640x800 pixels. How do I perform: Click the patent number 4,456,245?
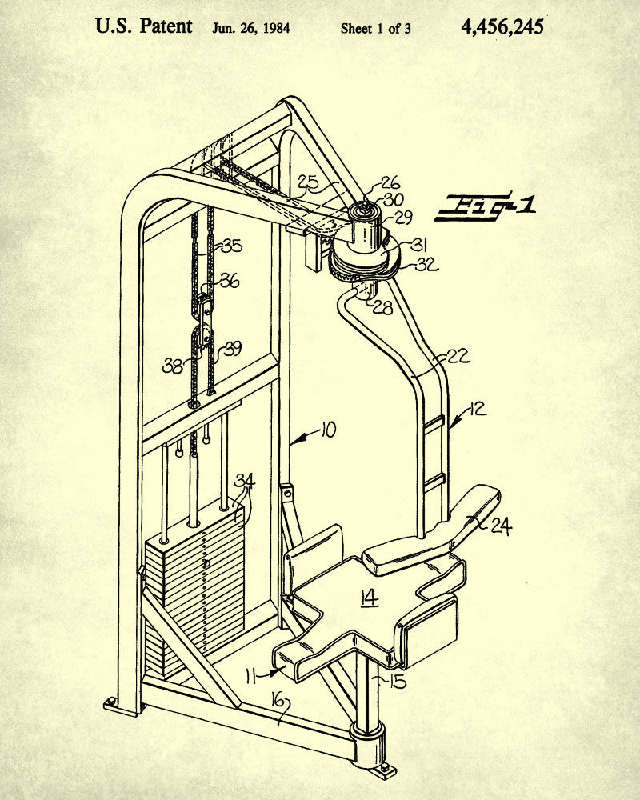pyautogui.click(x=502, y=27)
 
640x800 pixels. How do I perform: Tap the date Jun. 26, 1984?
pyautogui.click(x=251, y=29)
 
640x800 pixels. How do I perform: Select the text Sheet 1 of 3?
pyautogui.click(x=376, y=29)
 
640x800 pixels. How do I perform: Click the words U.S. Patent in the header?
pyautogui.click(x=144, y=26)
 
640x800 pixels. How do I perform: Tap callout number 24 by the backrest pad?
pyautogui.click(x=501, y=526)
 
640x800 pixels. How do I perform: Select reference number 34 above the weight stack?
pyautogui.click(x=244, y=481)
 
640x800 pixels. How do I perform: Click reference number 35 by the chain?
pyautogui.click(x=231, y=246)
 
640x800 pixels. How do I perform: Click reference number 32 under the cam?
pyautogui.click(x=426, y=265)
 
